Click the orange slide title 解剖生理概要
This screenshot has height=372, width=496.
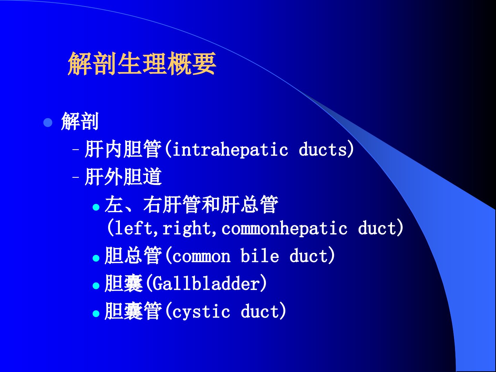click(142, 63)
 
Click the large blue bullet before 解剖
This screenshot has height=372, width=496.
click(48, 122)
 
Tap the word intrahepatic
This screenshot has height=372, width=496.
click(230, 150)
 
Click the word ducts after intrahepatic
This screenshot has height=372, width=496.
click(323, 149)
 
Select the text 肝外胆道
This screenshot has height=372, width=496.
click(123, 176)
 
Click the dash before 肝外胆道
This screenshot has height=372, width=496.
click(76, 177)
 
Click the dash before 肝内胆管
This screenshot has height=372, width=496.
click(76, 149)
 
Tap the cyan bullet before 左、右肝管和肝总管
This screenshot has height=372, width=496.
click(96, 207)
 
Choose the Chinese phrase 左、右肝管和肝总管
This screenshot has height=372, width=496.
click(192, 204)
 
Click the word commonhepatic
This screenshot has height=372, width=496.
click(284, 229)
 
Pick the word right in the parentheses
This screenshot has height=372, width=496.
click(186, 229)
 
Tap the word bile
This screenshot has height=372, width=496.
click(259, 256)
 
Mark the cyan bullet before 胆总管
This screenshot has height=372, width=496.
click(96, 258)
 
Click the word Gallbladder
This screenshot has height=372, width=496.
click(206, 283)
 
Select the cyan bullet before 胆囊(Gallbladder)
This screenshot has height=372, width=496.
click(96, 286)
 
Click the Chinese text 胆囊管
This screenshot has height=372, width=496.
click(133, 311)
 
